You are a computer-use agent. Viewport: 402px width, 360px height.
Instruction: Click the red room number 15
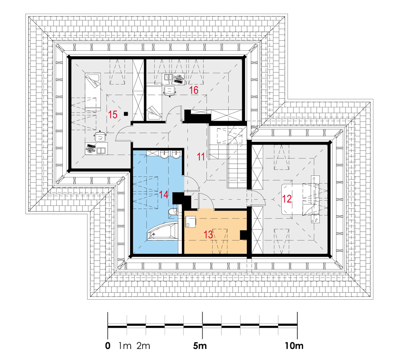click(x=113, y=115)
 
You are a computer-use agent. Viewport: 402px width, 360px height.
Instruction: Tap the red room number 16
click(x=194, y=90)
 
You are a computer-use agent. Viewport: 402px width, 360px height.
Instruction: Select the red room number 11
click(x=201, y=156)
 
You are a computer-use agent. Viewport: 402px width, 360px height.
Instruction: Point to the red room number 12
click(x=287, y=199)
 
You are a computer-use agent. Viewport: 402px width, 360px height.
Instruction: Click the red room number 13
click(x=208, y=234)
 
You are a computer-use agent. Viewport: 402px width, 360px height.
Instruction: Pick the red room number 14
click(x=164, y=195)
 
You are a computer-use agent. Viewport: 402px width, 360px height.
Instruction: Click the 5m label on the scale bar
click(x=200, y=346)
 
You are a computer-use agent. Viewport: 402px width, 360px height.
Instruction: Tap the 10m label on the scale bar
click(x=294, y=346)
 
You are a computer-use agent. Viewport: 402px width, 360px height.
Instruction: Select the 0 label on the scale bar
click(x=108, y=346)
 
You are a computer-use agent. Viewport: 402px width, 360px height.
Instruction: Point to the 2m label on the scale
click(x=143, y=346)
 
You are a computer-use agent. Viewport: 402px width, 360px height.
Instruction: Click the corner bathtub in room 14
click(x=162, y=232)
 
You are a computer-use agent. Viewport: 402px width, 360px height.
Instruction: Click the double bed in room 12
click(x=300, y=199)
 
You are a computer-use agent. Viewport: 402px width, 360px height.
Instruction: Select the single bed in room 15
click(x=92, y=92)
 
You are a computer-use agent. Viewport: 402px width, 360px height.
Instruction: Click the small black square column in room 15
click(x=125, y=114)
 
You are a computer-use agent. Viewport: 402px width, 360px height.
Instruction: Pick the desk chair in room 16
click(x=170, y=91)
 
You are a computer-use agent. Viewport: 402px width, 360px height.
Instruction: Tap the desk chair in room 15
click(x=100, y=136)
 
